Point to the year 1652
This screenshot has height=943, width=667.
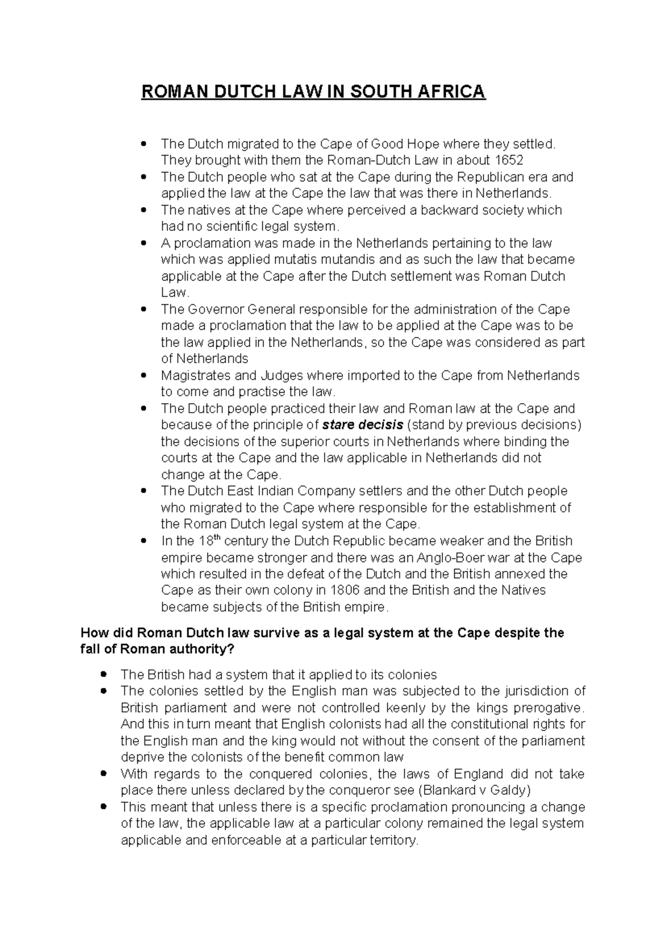tap(506, 161)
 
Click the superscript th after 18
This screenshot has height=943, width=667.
tap(217, 538)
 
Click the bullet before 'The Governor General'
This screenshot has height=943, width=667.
tap(144, 310)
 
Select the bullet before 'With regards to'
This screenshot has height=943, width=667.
tap(103, 774)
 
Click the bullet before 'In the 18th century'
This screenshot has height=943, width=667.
tap(144, 541)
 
